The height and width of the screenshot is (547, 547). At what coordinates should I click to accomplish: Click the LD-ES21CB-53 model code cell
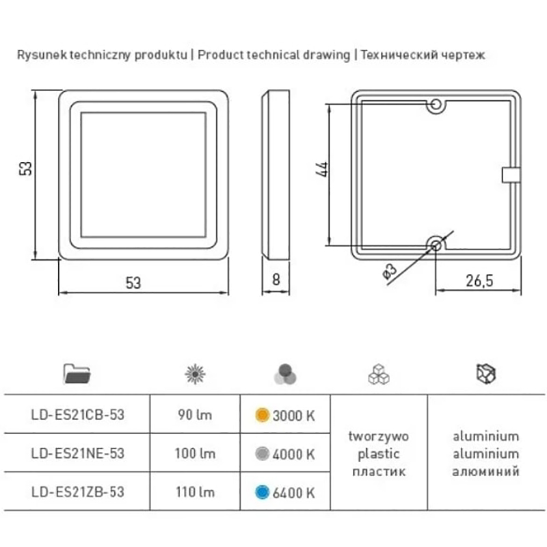77,414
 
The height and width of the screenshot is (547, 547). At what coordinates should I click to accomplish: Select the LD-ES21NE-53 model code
77,453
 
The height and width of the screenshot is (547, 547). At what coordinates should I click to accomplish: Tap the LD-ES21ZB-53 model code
77,492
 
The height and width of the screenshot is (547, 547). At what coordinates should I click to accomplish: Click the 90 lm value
195,415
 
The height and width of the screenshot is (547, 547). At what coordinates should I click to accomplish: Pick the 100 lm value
195,453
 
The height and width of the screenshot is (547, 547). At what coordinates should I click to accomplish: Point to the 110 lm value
195,492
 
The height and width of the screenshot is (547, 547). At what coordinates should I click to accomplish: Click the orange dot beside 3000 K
263,415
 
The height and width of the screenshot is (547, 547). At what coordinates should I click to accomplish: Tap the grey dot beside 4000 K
263,453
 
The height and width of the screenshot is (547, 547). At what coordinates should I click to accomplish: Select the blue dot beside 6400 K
263,492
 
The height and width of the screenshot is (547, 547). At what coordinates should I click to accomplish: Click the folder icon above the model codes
77,373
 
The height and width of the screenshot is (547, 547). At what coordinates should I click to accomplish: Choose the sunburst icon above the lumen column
195,374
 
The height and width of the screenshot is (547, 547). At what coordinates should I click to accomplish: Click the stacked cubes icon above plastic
379,374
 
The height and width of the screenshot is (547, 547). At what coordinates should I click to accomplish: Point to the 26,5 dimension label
479,281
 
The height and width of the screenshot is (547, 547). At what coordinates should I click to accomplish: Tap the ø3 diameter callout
390,271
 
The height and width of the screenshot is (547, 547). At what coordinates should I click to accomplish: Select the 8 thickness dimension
276,280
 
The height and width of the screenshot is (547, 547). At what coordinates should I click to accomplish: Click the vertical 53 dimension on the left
25,168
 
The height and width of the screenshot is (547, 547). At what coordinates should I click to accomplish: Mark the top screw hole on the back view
436,105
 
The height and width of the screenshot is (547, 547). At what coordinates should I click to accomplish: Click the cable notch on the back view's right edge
511,175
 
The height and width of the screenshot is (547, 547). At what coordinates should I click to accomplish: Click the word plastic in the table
379,454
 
